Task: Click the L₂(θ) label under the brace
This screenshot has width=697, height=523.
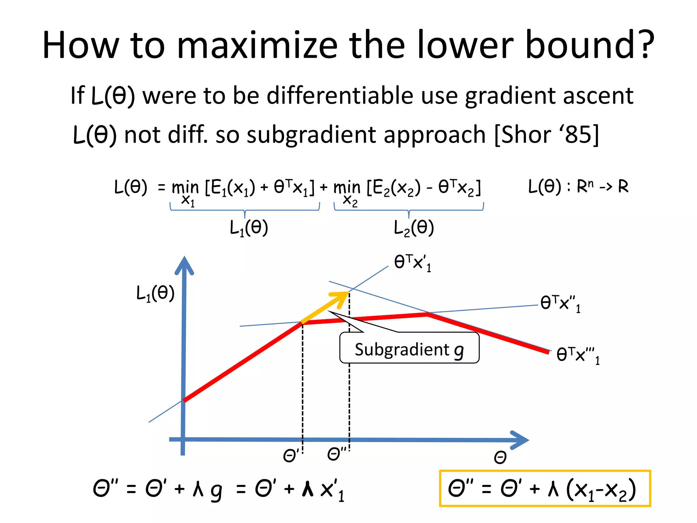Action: (x=414, y=228)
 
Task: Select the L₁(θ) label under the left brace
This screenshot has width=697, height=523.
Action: (x=249, y=228)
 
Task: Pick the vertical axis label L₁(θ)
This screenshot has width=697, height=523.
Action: (x=155, y=293)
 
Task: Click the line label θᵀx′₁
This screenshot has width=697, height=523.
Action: (x=412, y=263)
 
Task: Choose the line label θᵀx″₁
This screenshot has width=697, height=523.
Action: (x=560, y=303)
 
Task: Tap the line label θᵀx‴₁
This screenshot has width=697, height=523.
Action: (x=578, y=355)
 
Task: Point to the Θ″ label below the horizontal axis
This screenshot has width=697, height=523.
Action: (x=336, y=454)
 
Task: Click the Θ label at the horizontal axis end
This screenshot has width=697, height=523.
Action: (x=500, y=457)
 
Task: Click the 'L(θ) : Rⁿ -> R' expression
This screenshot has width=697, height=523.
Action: (x=578, y=187)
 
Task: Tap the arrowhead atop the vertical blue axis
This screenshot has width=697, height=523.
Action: (x=184, y=265)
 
